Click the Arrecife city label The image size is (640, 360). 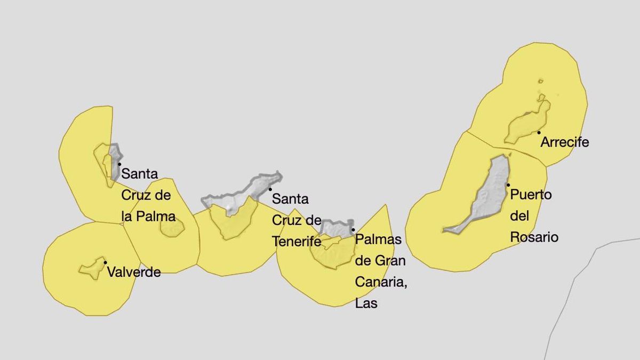tap(565, 142)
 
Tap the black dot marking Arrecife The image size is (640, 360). tap(539, 132)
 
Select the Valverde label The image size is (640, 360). tap(134, 273)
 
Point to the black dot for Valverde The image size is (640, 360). tap(105, 262)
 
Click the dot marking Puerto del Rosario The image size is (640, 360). tap(507, 185)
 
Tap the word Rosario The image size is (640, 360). tap(534, 237)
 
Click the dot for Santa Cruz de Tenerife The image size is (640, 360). tap(270, 189)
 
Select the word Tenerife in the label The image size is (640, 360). tap(297, 242)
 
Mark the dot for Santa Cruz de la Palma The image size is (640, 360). tap(119, 164)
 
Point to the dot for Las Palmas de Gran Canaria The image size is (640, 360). tap(353, 230)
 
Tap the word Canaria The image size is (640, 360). tap(381, 282)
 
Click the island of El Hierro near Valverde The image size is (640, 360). tap(91, 268)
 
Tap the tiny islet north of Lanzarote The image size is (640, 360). tap(540, 81)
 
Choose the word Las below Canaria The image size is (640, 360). tap(366, 303)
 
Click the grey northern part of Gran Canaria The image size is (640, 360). tap(337, 228)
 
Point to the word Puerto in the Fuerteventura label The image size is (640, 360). tap(531, 195)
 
